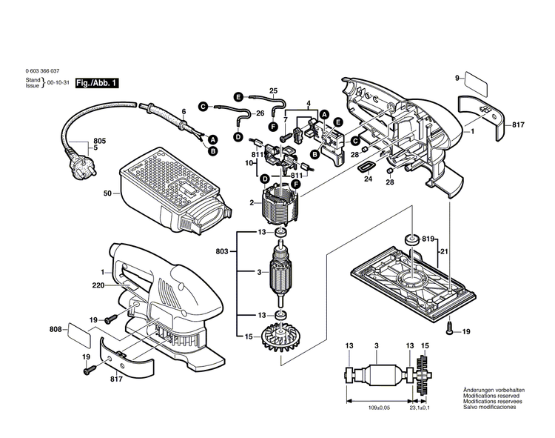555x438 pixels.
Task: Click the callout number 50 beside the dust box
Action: (107, 193)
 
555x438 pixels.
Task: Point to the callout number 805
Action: (99, 141)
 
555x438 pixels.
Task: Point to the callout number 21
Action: (444, 253)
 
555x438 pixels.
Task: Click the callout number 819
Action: (428, 239)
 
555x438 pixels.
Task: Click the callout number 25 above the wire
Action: (273, 91)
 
